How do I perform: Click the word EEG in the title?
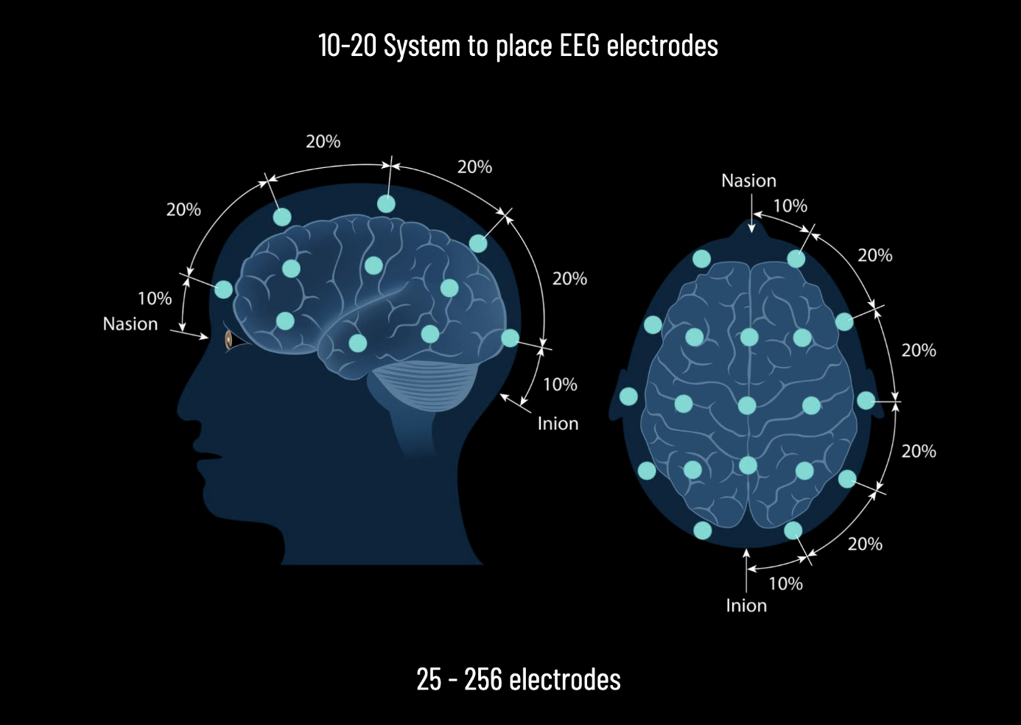580,46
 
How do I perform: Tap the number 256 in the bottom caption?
483,679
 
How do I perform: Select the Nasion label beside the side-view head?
130,324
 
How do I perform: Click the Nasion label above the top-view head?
748,181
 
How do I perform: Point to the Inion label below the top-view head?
746,606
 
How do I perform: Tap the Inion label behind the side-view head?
558,424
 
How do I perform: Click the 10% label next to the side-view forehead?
155,298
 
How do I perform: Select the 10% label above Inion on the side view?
560,385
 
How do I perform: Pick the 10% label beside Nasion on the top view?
790,206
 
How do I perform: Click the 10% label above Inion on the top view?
785,584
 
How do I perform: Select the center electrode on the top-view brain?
747,405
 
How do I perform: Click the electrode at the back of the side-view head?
510,338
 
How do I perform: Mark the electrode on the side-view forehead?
224,290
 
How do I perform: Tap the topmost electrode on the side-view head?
386,204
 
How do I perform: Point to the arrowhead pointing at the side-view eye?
205,337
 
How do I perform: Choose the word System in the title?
421,46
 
